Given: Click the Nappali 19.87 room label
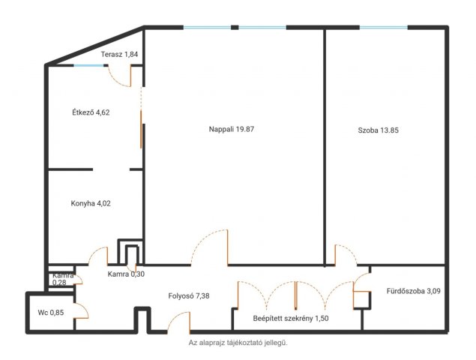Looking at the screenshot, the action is pos(232,130).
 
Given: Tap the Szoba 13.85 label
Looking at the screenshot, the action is pos(378,130).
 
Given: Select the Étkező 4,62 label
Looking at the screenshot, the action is pos(91,112).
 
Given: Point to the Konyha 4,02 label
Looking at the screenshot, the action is pos(91,203).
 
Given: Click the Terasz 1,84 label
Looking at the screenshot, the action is pos(119,55).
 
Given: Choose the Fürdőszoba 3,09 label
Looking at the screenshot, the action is pos(413,291).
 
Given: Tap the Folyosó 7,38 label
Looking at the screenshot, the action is pos(189,295).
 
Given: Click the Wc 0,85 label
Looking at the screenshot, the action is pos(51,312).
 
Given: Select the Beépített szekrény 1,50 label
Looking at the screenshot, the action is pos(291,319).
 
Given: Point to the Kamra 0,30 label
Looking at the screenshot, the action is pos(126,274).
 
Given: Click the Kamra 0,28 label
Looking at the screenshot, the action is pos(63,279).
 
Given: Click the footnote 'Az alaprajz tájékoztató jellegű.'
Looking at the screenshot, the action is pos(238,343).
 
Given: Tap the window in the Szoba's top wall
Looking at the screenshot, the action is pos(384,28).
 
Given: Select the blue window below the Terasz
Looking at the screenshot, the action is pos(88,65).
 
